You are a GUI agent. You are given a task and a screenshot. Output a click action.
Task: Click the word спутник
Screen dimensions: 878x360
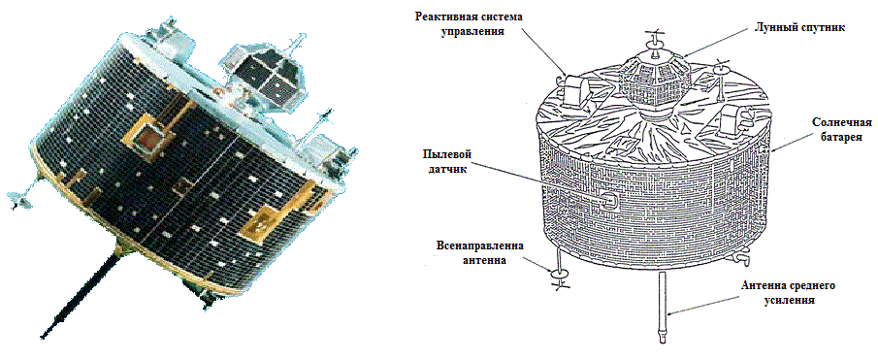807,29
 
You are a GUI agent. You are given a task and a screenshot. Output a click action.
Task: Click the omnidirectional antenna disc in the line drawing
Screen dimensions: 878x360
560,275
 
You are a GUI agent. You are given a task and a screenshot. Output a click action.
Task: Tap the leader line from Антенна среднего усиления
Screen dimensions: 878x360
699,306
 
